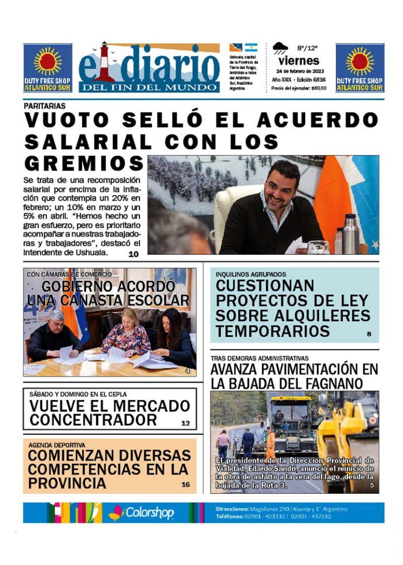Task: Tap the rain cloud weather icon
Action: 280,49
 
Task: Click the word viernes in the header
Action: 299,61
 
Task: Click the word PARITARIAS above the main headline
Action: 44,106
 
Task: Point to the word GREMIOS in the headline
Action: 84,163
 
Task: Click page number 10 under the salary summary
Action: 133,254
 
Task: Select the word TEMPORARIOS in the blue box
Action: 272,331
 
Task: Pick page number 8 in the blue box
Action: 369,333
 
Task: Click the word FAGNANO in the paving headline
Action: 335,383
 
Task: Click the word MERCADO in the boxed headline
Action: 148,406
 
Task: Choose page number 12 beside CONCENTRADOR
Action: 186,423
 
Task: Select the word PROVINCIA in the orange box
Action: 66,483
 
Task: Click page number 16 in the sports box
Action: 186,484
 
